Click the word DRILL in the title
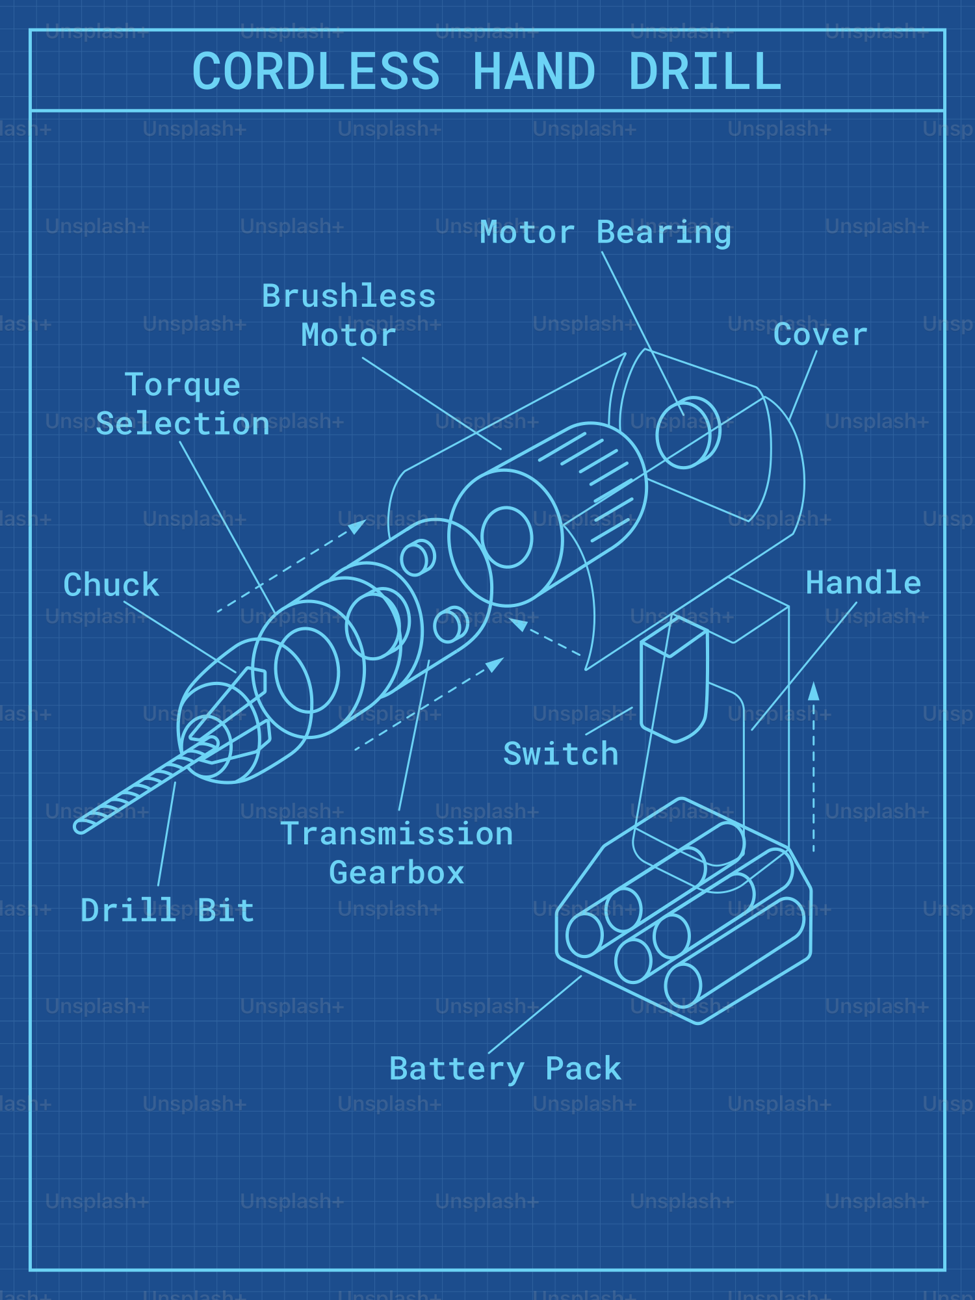pos(705,71)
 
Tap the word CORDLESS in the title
pos(316,71)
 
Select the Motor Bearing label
pos(605,233)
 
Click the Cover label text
pos(820,335)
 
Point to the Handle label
pos(863,583)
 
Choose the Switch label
pos(560,754)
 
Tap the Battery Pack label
pos(505,1069)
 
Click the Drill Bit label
pos(167,911)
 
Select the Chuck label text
pos(111,585)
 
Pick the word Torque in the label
pos(183,385)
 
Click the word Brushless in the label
pos(348,296)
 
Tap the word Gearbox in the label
pos(396,873)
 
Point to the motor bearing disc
pos(686,432)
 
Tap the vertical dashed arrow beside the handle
pos(813,767)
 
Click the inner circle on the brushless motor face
pos(507,538)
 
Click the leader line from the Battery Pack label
pos(534,1015)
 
